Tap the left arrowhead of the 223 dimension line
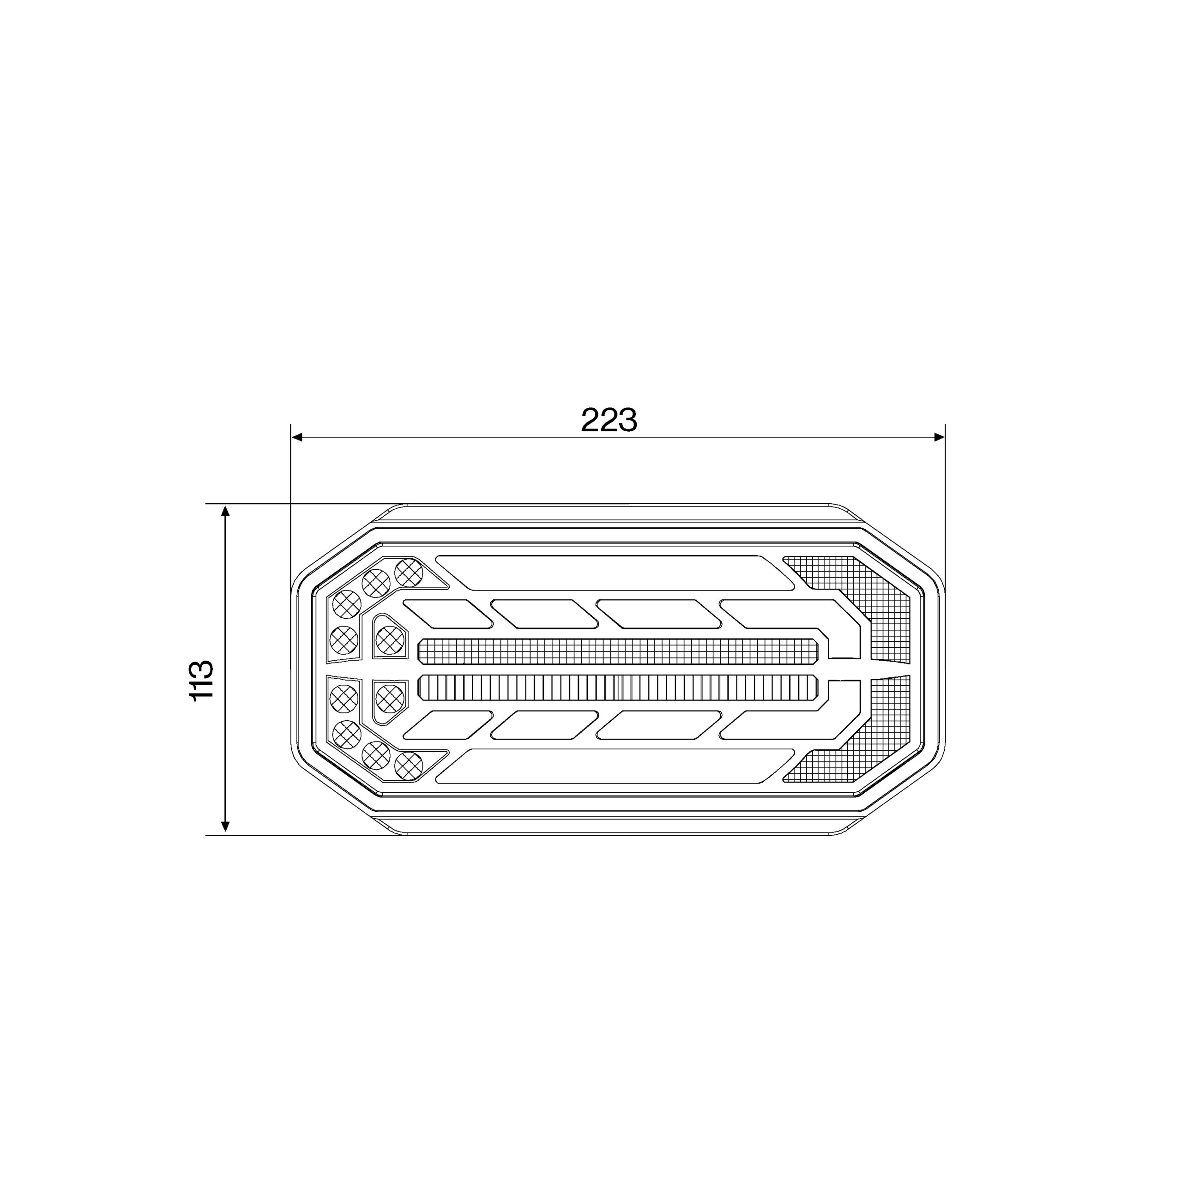pos(297,437)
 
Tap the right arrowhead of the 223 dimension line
pos(939,437)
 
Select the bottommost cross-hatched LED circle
pos(409,766)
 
